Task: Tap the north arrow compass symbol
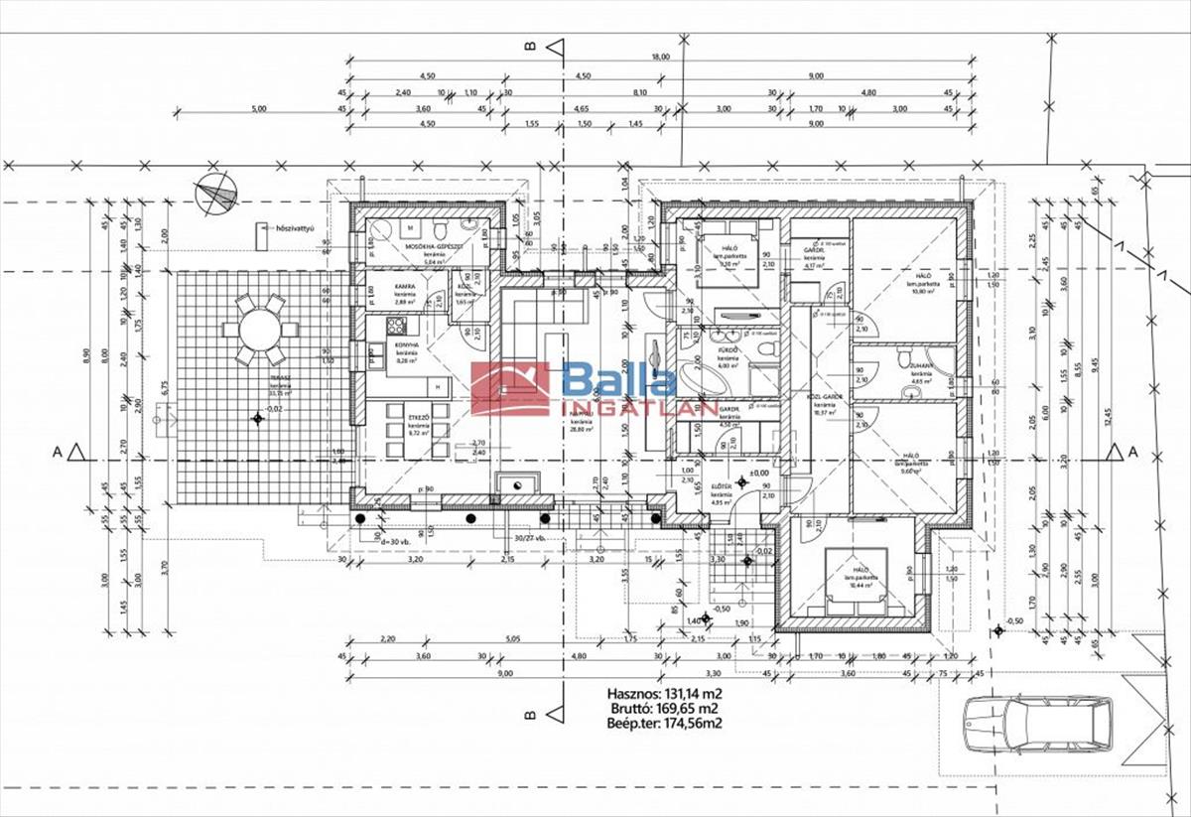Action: (216, 193)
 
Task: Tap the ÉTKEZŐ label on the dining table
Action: (419, 419)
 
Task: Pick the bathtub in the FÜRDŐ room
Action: (705, 378)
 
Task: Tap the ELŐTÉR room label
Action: (721, 487)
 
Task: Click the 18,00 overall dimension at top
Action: (661, 57)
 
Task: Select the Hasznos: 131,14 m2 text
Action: (664, 694)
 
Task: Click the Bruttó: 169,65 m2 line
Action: (664, 709)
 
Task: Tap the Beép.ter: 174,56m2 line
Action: (664, 724)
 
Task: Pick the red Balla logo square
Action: (510, 388)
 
